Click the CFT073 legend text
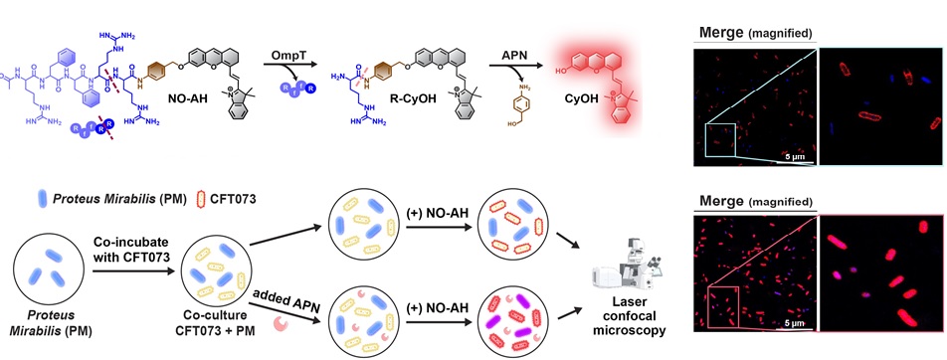(x=233, y=197)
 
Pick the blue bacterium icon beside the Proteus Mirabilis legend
(x=42, y=198)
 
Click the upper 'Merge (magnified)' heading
(x=755, y=33)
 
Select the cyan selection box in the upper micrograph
(x=718, y=142)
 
